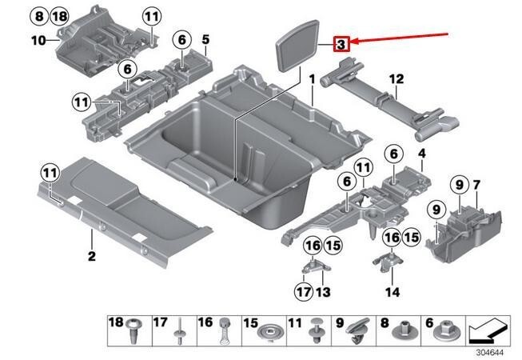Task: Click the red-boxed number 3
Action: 341,45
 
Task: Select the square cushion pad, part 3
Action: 301,47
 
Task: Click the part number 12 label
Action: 396,78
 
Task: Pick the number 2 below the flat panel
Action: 91,256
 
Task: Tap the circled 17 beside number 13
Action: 302,291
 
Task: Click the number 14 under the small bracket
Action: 391,292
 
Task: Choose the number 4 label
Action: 421,153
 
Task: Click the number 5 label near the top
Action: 205,38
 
